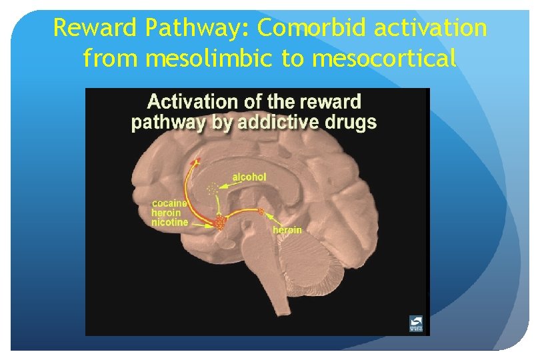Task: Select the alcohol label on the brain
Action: tap(249, 177)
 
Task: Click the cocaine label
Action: tap(169, 203)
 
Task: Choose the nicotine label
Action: tap(169, 222)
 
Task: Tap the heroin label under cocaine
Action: tap(166, 213)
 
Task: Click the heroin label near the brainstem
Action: tap(287, 230)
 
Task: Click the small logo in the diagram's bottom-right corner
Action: tap(415, 323)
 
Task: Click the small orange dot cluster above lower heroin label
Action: tap(261, 213)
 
